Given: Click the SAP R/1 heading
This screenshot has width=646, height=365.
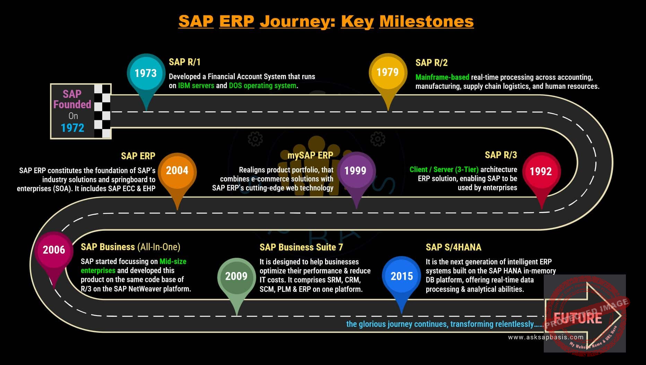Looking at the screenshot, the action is (x=185, y=62).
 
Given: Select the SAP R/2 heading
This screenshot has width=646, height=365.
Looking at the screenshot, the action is (x=431, y=63).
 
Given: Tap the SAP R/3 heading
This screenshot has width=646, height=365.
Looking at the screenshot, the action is (x=501, y=155).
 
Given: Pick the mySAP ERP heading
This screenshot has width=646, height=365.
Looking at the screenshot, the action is (x=310, y=155).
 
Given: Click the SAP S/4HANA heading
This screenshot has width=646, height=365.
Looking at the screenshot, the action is (x=454, y=247).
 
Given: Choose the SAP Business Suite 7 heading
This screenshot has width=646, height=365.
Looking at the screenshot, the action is (x=301, y=247).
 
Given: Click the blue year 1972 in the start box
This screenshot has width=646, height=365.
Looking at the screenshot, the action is (x=72, y=128).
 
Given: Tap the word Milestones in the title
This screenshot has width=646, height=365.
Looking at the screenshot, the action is (x=427, y=21).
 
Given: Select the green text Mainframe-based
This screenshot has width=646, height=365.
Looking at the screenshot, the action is (x=442, y=77).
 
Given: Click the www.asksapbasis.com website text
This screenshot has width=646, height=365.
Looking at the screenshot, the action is (x=546, y=337).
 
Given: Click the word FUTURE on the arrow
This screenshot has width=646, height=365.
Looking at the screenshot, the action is (x=578, y=318).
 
